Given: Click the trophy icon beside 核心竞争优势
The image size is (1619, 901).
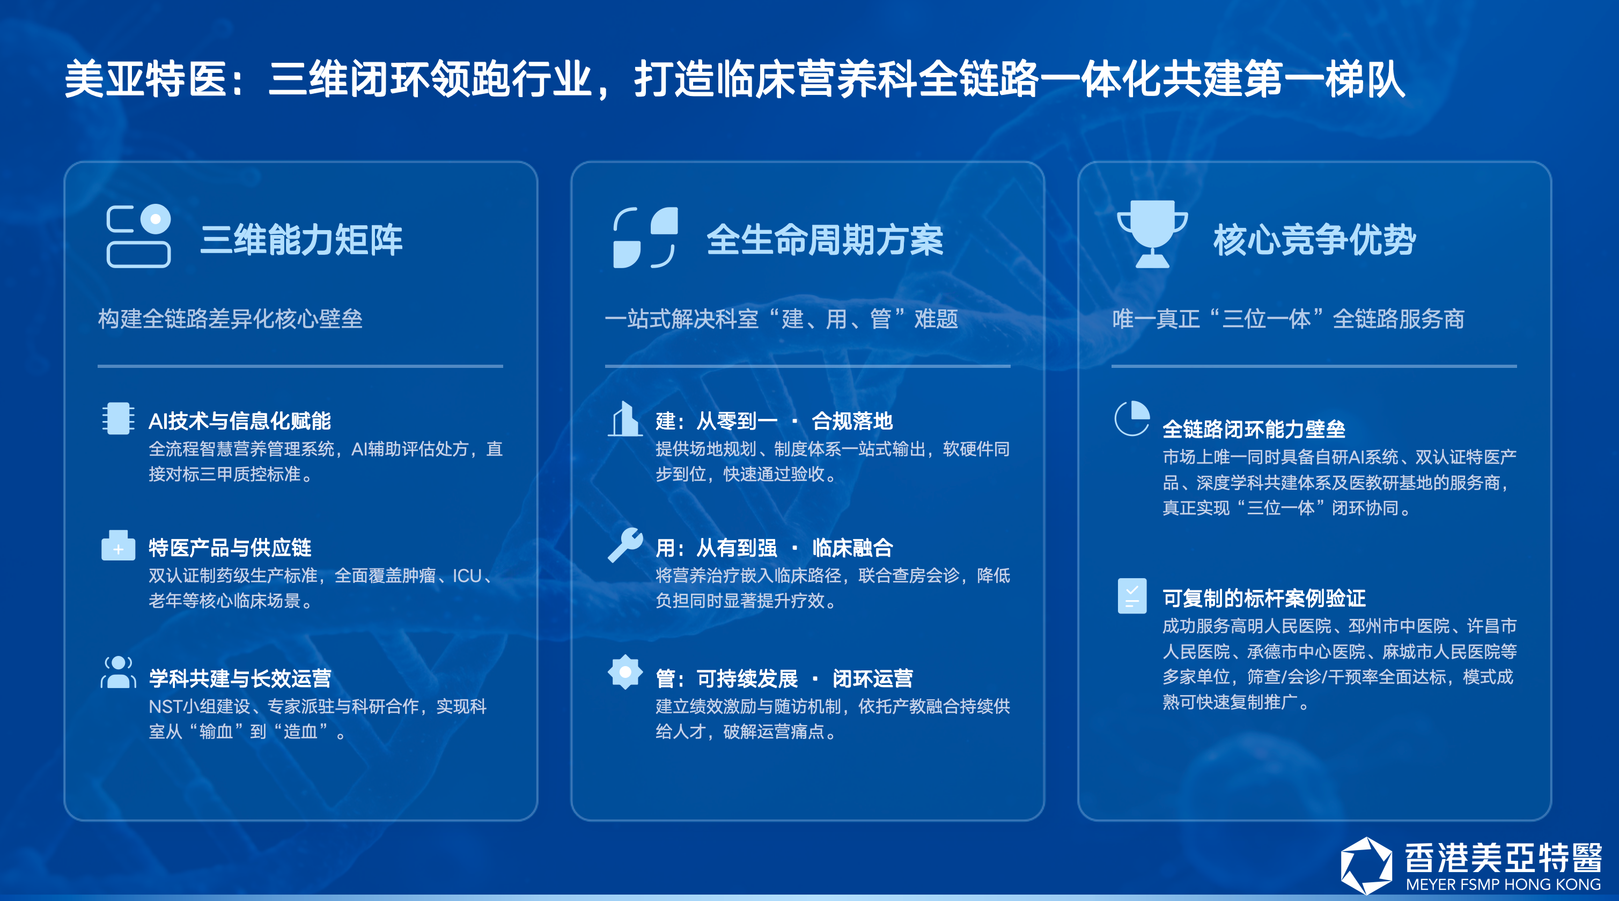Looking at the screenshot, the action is [x=1152, y=234].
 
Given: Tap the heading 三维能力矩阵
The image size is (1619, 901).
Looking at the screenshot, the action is [x=301, y=240].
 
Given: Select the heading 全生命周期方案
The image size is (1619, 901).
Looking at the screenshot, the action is [x=825, y=240].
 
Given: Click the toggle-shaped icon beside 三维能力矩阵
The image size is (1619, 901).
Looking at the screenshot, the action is [x=139, y=237].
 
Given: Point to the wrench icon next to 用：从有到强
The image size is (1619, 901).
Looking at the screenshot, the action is [x=625, y=545].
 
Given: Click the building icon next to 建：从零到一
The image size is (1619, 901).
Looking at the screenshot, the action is [x=624, y=418].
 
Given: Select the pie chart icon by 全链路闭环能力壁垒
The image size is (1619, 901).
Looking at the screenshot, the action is [x=1132, y=418].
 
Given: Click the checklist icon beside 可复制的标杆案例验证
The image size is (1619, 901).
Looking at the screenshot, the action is [x=1132, y=596].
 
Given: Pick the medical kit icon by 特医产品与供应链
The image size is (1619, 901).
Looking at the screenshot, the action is [x=118, y=545].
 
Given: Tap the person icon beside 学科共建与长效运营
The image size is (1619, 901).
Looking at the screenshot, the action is [x=118, y=673].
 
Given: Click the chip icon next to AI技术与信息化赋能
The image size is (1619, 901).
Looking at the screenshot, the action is [x=118, y=418].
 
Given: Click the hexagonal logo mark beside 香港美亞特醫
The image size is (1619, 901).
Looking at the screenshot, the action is [x=1366, y=865].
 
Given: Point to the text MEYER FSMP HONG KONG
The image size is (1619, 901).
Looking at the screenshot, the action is [x=1503, y=885].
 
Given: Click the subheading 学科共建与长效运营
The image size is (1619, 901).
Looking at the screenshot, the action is [x=240, y=678].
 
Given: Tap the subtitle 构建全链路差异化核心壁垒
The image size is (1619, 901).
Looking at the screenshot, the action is [x=230, y=319].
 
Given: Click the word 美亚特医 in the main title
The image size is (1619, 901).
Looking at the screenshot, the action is [x=145, y=79].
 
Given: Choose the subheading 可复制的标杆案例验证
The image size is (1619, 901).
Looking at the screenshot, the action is [x=1264, y=598].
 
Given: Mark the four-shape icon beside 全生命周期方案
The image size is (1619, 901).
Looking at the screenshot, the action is [x=645, y=238].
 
